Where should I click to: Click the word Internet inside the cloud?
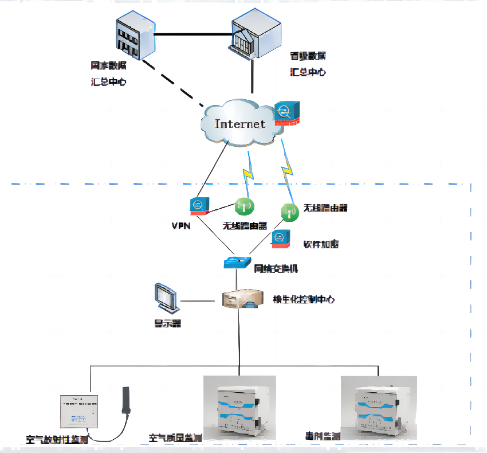[x=240, y=124]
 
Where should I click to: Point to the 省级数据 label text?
[x=308, y=56]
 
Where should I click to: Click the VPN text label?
[x=181, y=225]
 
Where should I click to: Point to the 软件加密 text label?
[x=321, y=244]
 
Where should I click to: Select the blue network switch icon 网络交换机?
[x=237, y=263]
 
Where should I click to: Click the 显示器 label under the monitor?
[x=167, y=323]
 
